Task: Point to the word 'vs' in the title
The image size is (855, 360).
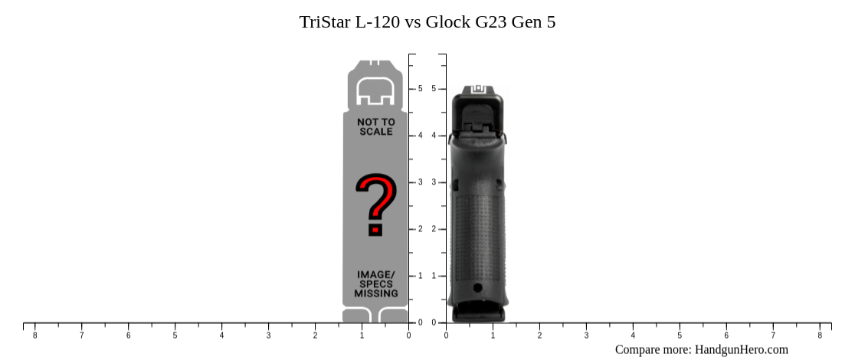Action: coord(413,22)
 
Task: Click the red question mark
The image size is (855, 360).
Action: coord(375,205)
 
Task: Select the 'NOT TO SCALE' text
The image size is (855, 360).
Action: coord(375,126)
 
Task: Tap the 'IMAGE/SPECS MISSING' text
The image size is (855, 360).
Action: coord(375,284)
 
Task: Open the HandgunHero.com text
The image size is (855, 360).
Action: coord(741,349)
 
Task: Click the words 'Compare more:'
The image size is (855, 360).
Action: coord(653,349)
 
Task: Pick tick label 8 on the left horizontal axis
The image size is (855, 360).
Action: coord(34,335)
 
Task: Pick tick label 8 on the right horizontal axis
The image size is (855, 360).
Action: coord(820,335)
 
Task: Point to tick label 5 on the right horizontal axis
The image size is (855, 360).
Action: coord(680,335)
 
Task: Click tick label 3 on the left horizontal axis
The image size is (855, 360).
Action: coord(268,335)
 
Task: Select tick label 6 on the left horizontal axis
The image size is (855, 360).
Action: coord(128,335)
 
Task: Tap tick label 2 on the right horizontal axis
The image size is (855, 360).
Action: coord(539,335)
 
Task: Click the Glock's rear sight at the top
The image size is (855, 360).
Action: coord(479,89)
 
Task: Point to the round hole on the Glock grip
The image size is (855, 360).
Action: coord(478,288)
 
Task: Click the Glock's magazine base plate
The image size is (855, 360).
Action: coord(478,313)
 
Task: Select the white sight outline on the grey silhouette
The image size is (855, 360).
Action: coord(375,91)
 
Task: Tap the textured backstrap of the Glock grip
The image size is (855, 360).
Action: coord(478,230)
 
